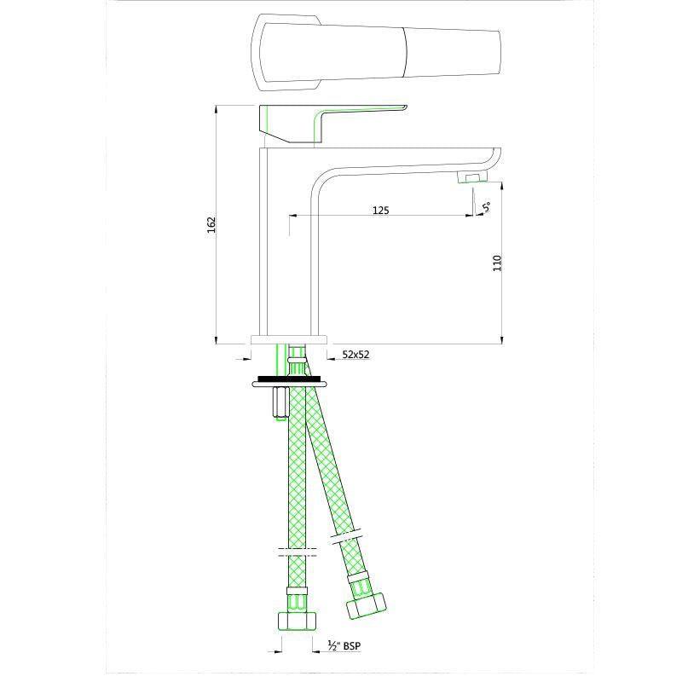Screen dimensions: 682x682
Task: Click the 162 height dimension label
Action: [211, 224]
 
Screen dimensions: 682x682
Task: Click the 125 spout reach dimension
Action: [380, 210]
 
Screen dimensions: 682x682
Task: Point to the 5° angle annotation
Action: [486, 206]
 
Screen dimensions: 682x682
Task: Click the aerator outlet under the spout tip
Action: [471, 177]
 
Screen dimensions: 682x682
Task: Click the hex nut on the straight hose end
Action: [296, 619]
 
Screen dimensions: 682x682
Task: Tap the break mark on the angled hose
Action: [346, 537]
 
